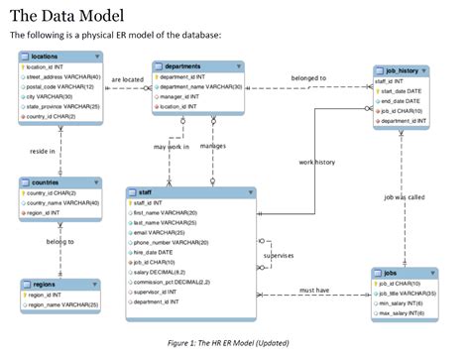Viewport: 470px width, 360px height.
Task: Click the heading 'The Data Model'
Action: point(67,15)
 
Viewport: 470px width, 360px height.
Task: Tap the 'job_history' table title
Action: point(404,70)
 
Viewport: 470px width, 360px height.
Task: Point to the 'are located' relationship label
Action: point(127,79)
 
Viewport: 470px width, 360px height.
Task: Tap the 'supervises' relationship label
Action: point(279,255)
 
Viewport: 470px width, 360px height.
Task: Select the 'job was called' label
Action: point(404,197)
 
